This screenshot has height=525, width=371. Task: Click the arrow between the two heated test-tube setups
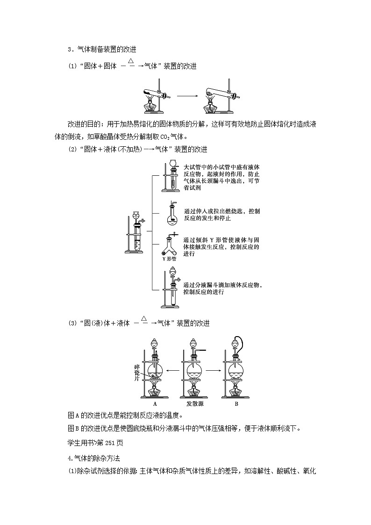coord(186,96)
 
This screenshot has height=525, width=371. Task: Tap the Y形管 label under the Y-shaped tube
coord(169,258)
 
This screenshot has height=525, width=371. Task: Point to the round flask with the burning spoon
coord(171,214)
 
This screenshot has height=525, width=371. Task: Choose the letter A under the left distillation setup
coord(155,403)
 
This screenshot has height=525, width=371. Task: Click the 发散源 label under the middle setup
coord(195,403)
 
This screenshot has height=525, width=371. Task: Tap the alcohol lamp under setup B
coord(235,390)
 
